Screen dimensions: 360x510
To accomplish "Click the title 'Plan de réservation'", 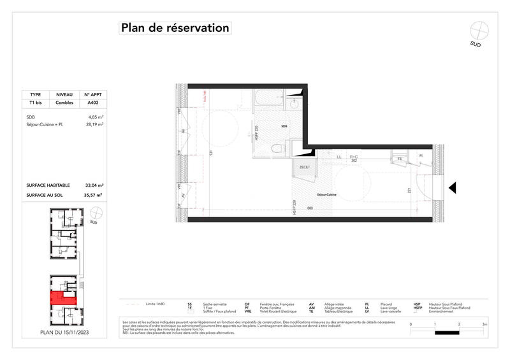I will pos(175,28).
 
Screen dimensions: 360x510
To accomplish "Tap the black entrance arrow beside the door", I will pos(452,187).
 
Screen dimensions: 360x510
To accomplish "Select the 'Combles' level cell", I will pos(64,103).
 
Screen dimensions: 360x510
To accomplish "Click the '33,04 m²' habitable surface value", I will pos(94,185).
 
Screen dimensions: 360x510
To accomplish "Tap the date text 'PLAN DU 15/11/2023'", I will pos(64,332).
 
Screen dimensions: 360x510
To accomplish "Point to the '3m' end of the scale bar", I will pos(484,324).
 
